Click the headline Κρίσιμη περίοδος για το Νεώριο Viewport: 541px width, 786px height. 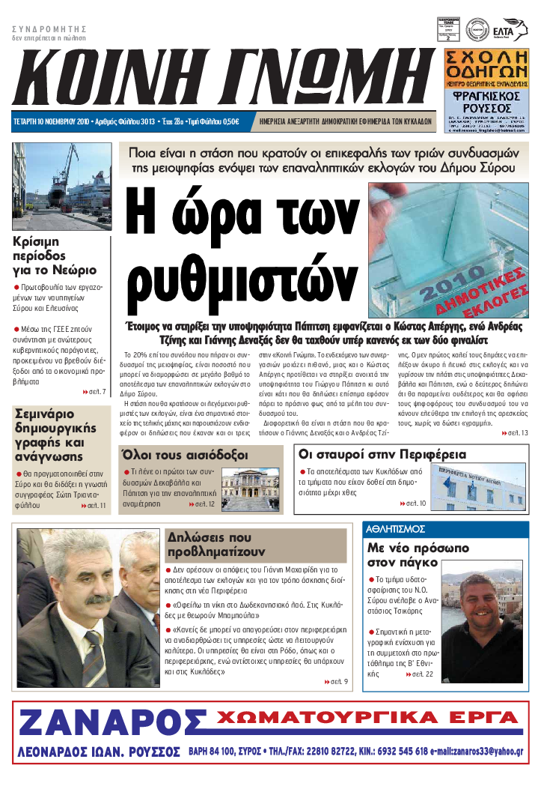click(54, 256)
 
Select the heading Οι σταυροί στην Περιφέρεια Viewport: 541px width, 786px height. click(382, 454)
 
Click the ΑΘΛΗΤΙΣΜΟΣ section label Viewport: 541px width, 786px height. click(397, 528)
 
